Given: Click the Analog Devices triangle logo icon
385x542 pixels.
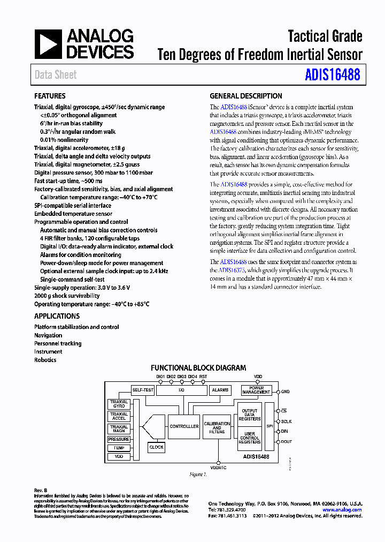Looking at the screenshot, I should [x=49, y=44].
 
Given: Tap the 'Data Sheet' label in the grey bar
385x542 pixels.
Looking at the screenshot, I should [x=56, y=75].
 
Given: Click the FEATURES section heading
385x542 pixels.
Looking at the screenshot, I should [x=50, y=96].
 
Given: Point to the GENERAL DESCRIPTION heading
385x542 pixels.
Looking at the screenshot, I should [x=246, y=96].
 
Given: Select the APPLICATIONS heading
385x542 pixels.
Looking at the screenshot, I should [x=57, y=317].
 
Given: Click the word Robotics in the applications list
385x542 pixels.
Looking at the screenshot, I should [x=45, y=360].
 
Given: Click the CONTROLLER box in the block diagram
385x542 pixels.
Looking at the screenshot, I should [x=184, y=426].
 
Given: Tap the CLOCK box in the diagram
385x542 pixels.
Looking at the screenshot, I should [x=156, y=447].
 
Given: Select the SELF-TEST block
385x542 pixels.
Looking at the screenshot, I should [x=143, y=390].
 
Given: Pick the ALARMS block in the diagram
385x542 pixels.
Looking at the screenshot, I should [x=220, y=390].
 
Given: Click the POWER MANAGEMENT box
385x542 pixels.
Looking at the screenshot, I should [x=256, y=390].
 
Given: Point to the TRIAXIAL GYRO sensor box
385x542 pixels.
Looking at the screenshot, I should [x=119, y=404].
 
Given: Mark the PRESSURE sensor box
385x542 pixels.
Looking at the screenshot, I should [x=119, y=439].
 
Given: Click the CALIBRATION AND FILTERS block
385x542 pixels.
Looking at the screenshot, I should [x=217, y=427].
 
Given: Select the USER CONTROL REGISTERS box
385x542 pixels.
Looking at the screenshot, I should [x=250, y=439].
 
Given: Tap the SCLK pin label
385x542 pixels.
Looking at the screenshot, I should [x=287, y=421].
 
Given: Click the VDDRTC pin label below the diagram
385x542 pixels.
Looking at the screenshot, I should [x=218, y=468].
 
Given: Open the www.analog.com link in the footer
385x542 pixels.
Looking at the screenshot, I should [x=342, y=510].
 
